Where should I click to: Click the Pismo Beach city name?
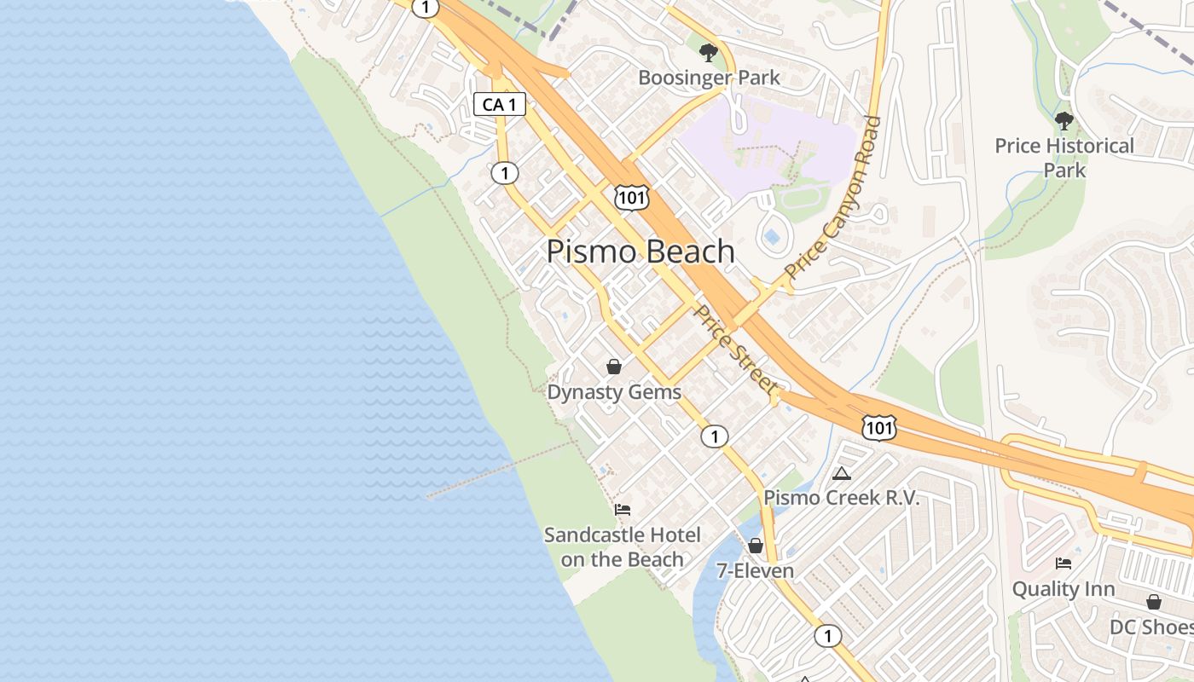640,251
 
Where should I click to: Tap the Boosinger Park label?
709,78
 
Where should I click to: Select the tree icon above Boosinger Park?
708,54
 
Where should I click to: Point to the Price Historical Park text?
1064,158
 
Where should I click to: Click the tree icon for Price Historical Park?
1064,121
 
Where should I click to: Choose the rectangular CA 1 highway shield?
500,105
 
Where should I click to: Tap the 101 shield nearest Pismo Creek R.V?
878,428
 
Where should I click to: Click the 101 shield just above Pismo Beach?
631,198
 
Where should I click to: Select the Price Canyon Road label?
833,198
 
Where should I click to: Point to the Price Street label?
735,350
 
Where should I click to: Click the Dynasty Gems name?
614,392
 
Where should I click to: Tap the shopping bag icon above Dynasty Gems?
613,367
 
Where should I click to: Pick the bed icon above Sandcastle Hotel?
623,510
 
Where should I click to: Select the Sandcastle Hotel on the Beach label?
623,547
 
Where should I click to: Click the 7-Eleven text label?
755,571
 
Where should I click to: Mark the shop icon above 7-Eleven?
755,546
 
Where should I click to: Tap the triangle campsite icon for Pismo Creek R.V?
842,473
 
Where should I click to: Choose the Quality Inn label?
1064,589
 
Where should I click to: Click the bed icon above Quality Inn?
1064,564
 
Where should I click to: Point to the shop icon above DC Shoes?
1154,602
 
